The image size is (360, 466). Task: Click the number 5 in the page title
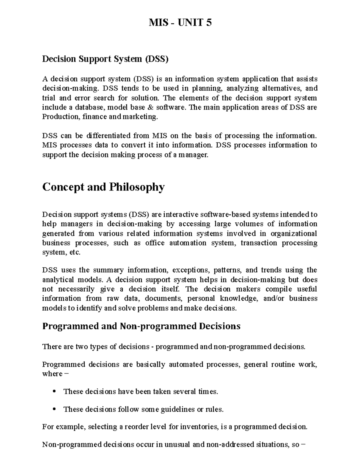pyautogui.click(x=208, y=23)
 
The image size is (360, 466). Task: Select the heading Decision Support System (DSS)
pyautogui.click(x=105, y=59)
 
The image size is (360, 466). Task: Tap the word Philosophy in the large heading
pyautogui.click(x=136, y=187)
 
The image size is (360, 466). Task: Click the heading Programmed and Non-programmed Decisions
pyautogui.click(x=141, y=326)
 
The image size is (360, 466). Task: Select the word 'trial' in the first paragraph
pyautogui.click(x=48, y=98)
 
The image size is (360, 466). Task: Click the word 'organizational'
pyautogui.click(x=293, y=233)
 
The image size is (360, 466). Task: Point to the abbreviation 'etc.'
pyautogui.click(x=75, y=252)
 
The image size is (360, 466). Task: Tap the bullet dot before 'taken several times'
pyautogui.click(x=54, y=391)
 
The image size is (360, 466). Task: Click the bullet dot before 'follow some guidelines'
pyautogui.click(x=54, y=409)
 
